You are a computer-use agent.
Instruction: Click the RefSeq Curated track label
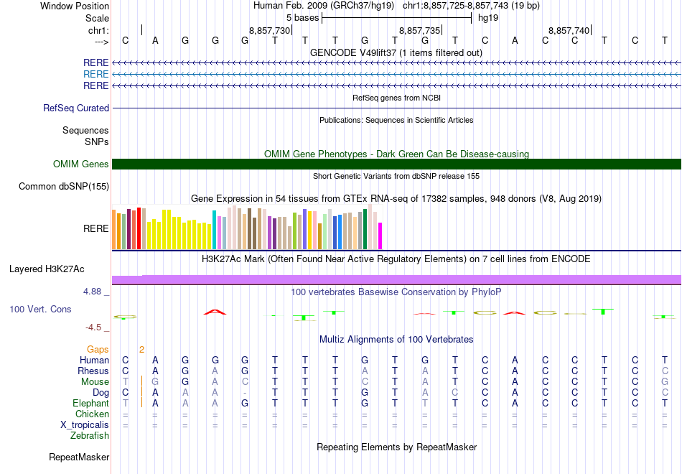[76, 108]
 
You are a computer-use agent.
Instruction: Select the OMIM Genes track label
[81, 164]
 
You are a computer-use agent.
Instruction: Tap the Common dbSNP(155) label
[65, 187]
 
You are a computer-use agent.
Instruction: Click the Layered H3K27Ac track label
[47, 269]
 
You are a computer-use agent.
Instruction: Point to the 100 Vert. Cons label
[40, 309]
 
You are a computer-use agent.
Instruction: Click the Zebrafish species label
[90, 435]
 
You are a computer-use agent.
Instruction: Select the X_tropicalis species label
[85, 424]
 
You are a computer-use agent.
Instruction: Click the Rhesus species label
[93, 371]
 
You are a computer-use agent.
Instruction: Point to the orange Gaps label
[98, 350]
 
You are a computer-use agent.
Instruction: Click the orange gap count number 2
[142, 350]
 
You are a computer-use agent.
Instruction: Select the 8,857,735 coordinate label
[419, 30]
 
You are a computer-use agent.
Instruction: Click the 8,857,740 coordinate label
[569, 30]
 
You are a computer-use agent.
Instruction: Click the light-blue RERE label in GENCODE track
[96, 74]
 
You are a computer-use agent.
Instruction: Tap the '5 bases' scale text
[302, 17]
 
